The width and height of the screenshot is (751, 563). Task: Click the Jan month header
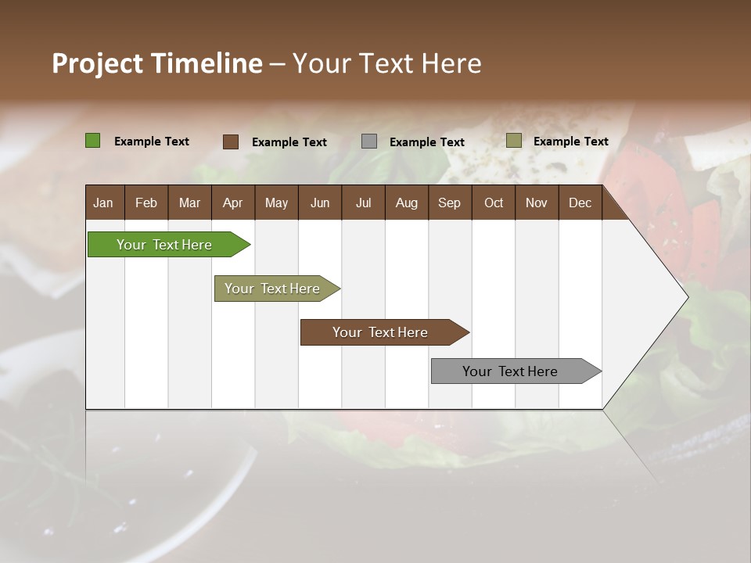point(103,203)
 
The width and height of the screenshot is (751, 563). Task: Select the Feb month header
point(146,203)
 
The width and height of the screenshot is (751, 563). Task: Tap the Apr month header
point(232,203)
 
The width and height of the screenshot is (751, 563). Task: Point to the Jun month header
point(320,203)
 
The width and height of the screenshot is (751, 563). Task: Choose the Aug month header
point(406,203)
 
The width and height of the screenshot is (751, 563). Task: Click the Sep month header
point(449,203)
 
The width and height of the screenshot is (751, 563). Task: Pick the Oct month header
point(494,203)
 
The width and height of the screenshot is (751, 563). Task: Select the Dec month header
point(580,203)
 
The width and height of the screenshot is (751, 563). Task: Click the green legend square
point(92,141)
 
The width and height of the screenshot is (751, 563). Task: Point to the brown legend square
point(230,142)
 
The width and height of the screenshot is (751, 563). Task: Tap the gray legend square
point(369,142)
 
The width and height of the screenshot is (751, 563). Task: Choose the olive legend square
point(513,141)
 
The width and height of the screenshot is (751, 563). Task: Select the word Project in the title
point(98,63)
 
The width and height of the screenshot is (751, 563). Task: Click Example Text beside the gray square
point(426,142)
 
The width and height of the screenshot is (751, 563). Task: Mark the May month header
point(276,203)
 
